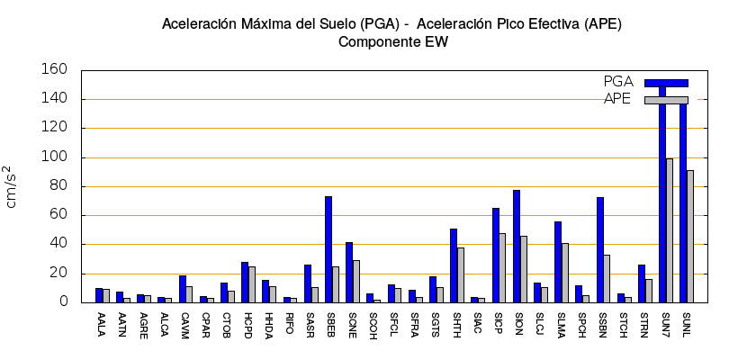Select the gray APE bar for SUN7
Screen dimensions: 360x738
click(x=670, y=230)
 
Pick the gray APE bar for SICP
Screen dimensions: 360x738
click(x=502, y=267)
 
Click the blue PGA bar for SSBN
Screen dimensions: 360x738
click(x=600, y=249)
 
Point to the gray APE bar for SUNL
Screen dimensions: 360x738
click(x=690, y=236)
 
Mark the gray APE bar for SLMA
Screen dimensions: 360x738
click(x=565, y=272)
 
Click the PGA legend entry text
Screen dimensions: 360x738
click(x=618, y=82)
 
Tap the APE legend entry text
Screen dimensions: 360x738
click(x=618, y=99)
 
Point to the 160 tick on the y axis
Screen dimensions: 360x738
click(x=55, y=70)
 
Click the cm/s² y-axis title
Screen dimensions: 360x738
click(x=11, y=186)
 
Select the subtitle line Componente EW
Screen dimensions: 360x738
click(x=392, y=41)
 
